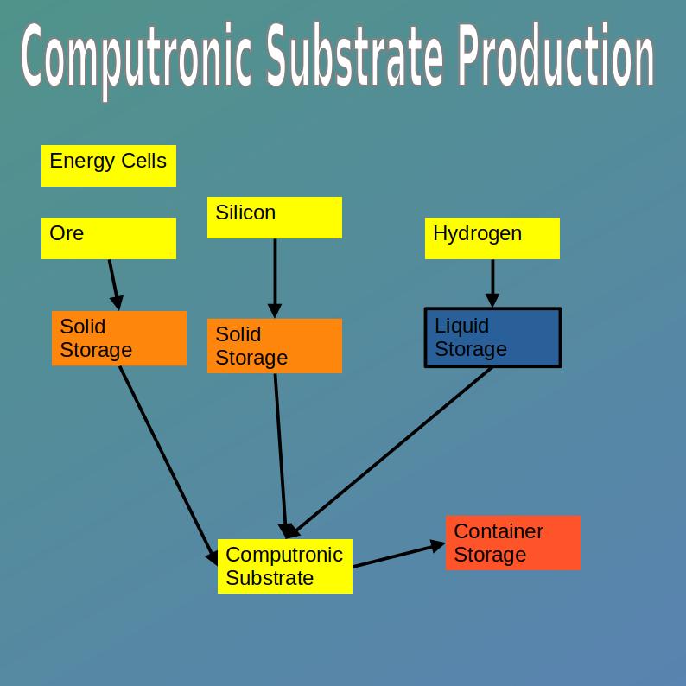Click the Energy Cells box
[x=109, y=166]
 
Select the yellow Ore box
[x=109, y=238]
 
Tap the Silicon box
[x=275, y=218]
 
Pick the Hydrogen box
[x=492, y=238]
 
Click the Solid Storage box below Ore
[x=119, y=339]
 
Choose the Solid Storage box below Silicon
[x=275, y=346]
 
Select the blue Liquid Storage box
[x=492, y=338]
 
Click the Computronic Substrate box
[x=285, y=567]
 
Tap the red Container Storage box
[x=513, y=543]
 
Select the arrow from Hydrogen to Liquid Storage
[x=492, y=282]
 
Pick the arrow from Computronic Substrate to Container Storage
[x=397, y=556]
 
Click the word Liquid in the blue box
[x=461, y=327]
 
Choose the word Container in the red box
[x=498, y=531]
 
